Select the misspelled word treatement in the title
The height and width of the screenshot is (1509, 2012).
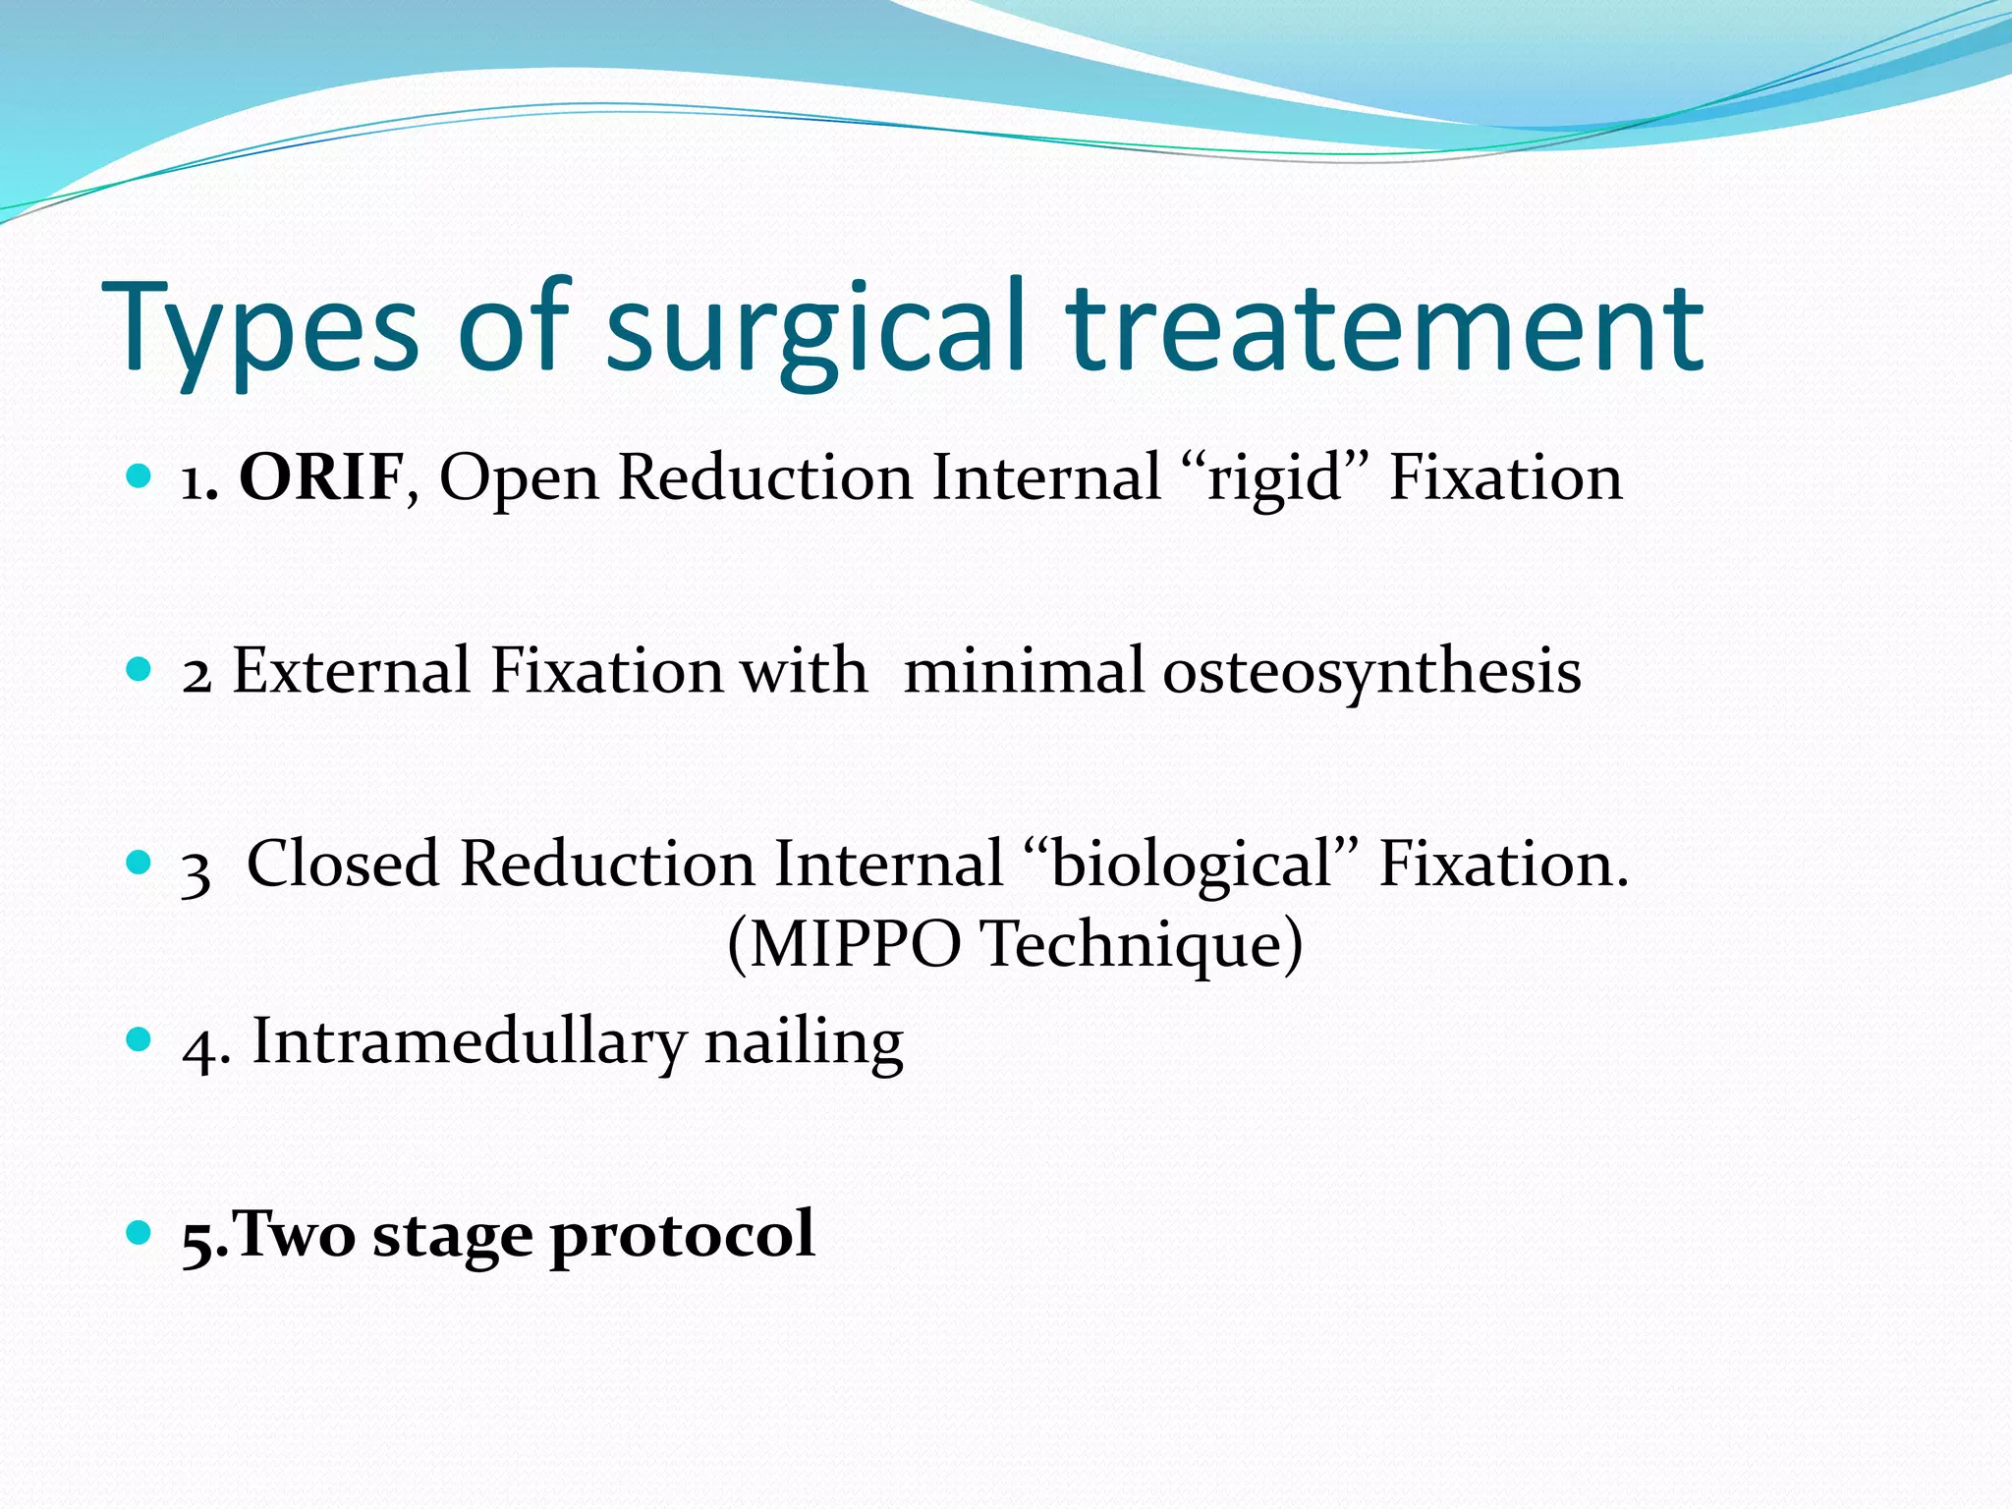coord(1385,329)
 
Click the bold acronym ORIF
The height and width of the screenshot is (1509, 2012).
coord(321,478)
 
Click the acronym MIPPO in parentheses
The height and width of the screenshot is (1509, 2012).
coord(856,944)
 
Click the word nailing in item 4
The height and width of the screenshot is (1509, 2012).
coord(804,1043)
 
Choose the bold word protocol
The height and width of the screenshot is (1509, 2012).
coord(682,1235)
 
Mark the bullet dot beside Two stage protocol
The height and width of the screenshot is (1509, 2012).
coord(140,1231)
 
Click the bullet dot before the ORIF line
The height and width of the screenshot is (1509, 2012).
coord(140,477)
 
